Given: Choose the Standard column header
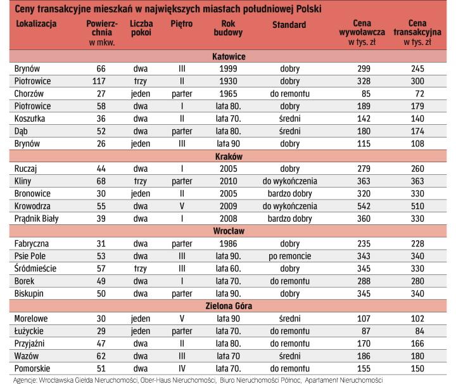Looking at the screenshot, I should pyautogui.click(x=289, y=25).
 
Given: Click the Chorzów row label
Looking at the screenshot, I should pyautogui.click(x=29, y=94).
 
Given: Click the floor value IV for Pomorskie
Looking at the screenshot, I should pyautogui.click(x=181, y=367).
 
